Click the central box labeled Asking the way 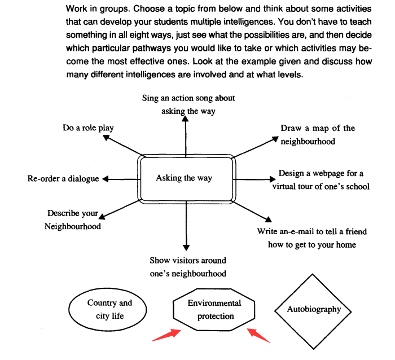coord(184,178)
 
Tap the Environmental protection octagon coord(214,310)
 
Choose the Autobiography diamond coord(314,309)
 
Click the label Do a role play coord(88,128)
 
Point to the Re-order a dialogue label coord(63,179)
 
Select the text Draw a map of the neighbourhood coord(317,134)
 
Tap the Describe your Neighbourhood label coord(73,220)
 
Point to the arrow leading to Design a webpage coord(254,179)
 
